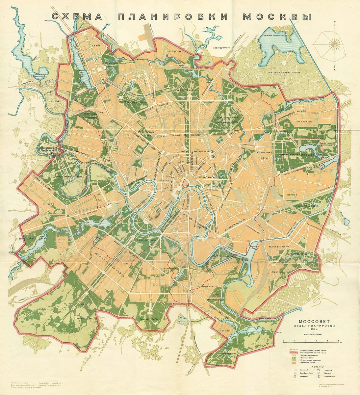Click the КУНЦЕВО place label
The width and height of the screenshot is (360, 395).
[48, 204]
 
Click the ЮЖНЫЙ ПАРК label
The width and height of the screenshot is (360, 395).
[148, 319]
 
